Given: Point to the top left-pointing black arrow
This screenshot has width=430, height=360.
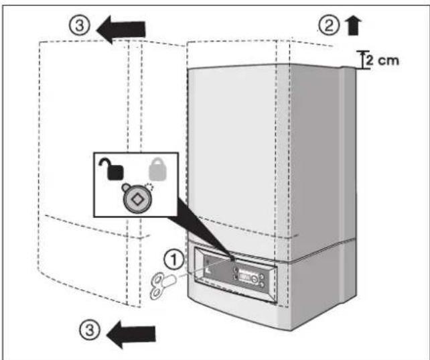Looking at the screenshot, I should click(123, 28).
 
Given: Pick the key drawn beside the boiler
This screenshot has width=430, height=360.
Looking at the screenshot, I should click(161, 277).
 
